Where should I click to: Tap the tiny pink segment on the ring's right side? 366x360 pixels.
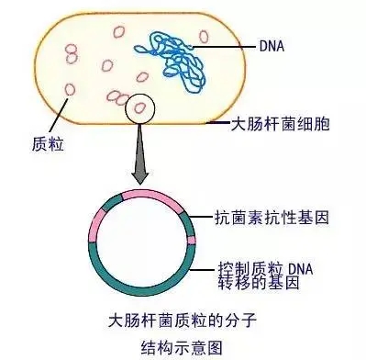[x=192, y=242]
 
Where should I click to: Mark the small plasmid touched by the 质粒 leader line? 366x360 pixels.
[x=70, y=90]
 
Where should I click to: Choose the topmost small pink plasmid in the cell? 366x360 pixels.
[x=118, y=31]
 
